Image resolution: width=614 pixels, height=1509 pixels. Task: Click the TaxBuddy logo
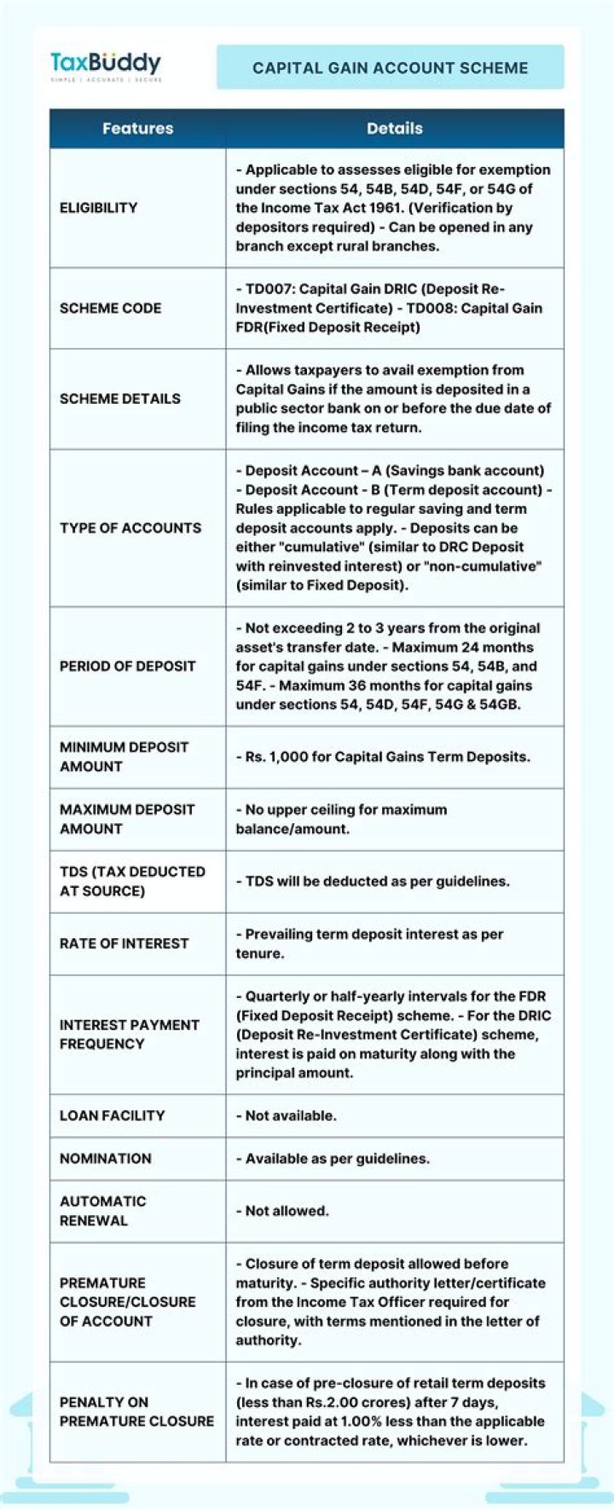click(105, 65)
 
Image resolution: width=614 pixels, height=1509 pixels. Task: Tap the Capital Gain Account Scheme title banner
click(390, 68)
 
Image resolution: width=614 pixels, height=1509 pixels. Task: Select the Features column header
click(137, 129)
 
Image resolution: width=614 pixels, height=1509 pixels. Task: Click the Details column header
click(394, 129)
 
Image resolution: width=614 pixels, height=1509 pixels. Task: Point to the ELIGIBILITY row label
click(98, 208)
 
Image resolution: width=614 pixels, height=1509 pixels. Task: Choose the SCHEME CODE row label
click(110, 308)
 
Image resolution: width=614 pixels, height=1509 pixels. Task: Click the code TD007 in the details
click(269, 290)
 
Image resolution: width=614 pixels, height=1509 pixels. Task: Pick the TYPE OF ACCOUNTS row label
click(130, 528)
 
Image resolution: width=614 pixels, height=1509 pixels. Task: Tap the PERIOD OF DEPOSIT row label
click(127, 666)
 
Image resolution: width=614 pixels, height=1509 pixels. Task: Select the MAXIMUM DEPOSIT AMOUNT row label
click(127, 819)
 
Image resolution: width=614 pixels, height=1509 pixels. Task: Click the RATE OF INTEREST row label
click(124, 944)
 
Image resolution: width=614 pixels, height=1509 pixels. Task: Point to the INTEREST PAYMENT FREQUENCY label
click(129, 1034)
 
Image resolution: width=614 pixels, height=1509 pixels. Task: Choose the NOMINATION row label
click(105, 1159)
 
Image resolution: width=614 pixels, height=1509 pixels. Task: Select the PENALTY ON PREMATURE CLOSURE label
click(136, 1412)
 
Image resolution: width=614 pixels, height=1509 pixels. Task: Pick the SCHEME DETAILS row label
click(119, 399)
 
